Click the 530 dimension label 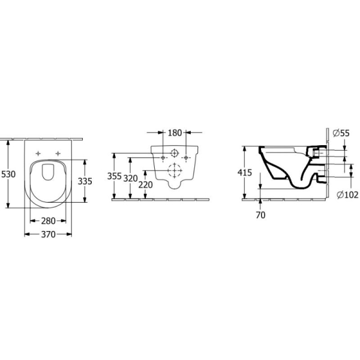point(8,174)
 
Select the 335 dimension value point(85,181)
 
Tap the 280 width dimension point(48,221)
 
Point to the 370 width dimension point(48,235)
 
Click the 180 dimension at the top point(175,133)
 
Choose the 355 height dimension point(115,176)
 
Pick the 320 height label point(130,178)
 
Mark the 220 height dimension point(145,185)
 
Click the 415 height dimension point(245,172)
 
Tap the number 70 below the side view point(260,215)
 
